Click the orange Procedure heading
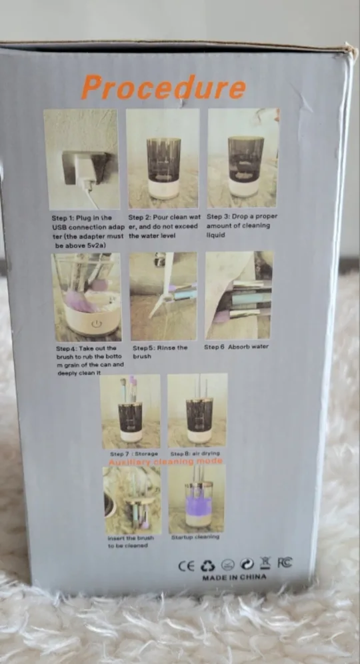[163, 88]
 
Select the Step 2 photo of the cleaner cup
[163, 158]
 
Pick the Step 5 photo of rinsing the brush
[163, 295]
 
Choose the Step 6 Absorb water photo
[239, 295]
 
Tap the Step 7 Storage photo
[130, 411]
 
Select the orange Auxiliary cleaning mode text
[166, 461]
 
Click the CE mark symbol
[186, 565]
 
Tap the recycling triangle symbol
[207, 565]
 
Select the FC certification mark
[285, 563]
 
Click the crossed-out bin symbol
[266, 563]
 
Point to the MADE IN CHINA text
[234, 577]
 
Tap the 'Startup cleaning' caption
[195, 537]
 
